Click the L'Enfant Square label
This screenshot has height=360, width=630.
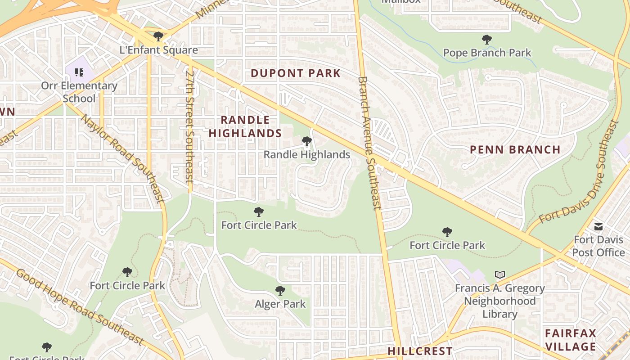(x=158, y=50)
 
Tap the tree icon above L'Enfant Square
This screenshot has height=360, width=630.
(x=158, y=36)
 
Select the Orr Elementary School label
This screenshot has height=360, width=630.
(x=79, y=92)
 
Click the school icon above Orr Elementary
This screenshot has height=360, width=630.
(x=79, y=72)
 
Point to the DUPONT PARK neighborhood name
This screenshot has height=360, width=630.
(x=296, y=73)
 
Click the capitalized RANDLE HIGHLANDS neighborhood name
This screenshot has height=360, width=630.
(x=245, y=126)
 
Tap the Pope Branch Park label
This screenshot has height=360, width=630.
(x=487, y=53)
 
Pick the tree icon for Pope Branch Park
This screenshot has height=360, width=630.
(x=486, y=40)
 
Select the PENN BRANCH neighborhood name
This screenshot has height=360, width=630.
(x=515, y=150)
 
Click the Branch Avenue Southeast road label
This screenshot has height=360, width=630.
(x=369, y=143)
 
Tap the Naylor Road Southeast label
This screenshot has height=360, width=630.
(x=121, y=157)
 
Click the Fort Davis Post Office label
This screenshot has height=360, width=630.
(x=598, y=246)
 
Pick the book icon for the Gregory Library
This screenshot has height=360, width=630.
(x=499, y=274)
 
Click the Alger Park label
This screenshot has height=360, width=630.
(x=280, y=304)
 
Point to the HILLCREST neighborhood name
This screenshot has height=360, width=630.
(x=420, y=351)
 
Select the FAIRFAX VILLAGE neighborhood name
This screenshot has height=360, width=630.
(x=571, y=340)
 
